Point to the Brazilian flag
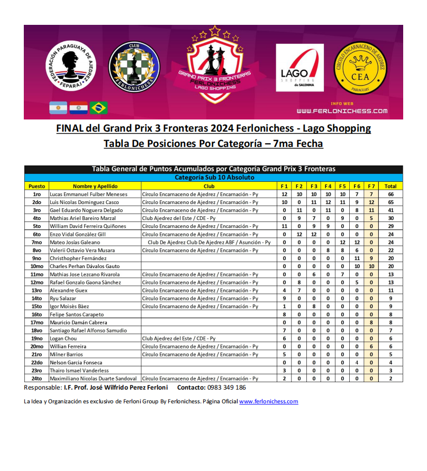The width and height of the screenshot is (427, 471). point(98,108)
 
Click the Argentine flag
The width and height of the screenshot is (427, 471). point(58,108)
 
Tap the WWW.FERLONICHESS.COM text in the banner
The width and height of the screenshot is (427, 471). point(342,111)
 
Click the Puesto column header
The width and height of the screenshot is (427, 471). point(37,186)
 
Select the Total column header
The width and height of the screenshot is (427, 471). point(390,186)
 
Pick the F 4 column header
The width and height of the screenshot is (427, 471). point(328,186)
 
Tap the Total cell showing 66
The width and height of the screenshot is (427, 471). point(390,195)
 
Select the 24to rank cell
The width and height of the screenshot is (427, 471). point(37,378)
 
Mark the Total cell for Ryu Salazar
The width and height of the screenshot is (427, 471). point(390,298)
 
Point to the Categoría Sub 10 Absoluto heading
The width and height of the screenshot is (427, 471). point(214,178)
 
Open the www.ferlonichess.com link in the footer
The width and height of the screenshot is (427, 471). point(268,402)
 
